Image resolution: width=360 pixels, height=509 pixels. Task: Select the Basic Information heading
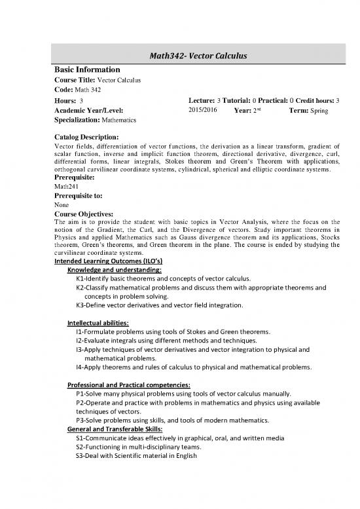point(86,69)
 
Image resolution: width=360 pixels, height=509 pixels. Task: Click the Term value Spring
point(327,111)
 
